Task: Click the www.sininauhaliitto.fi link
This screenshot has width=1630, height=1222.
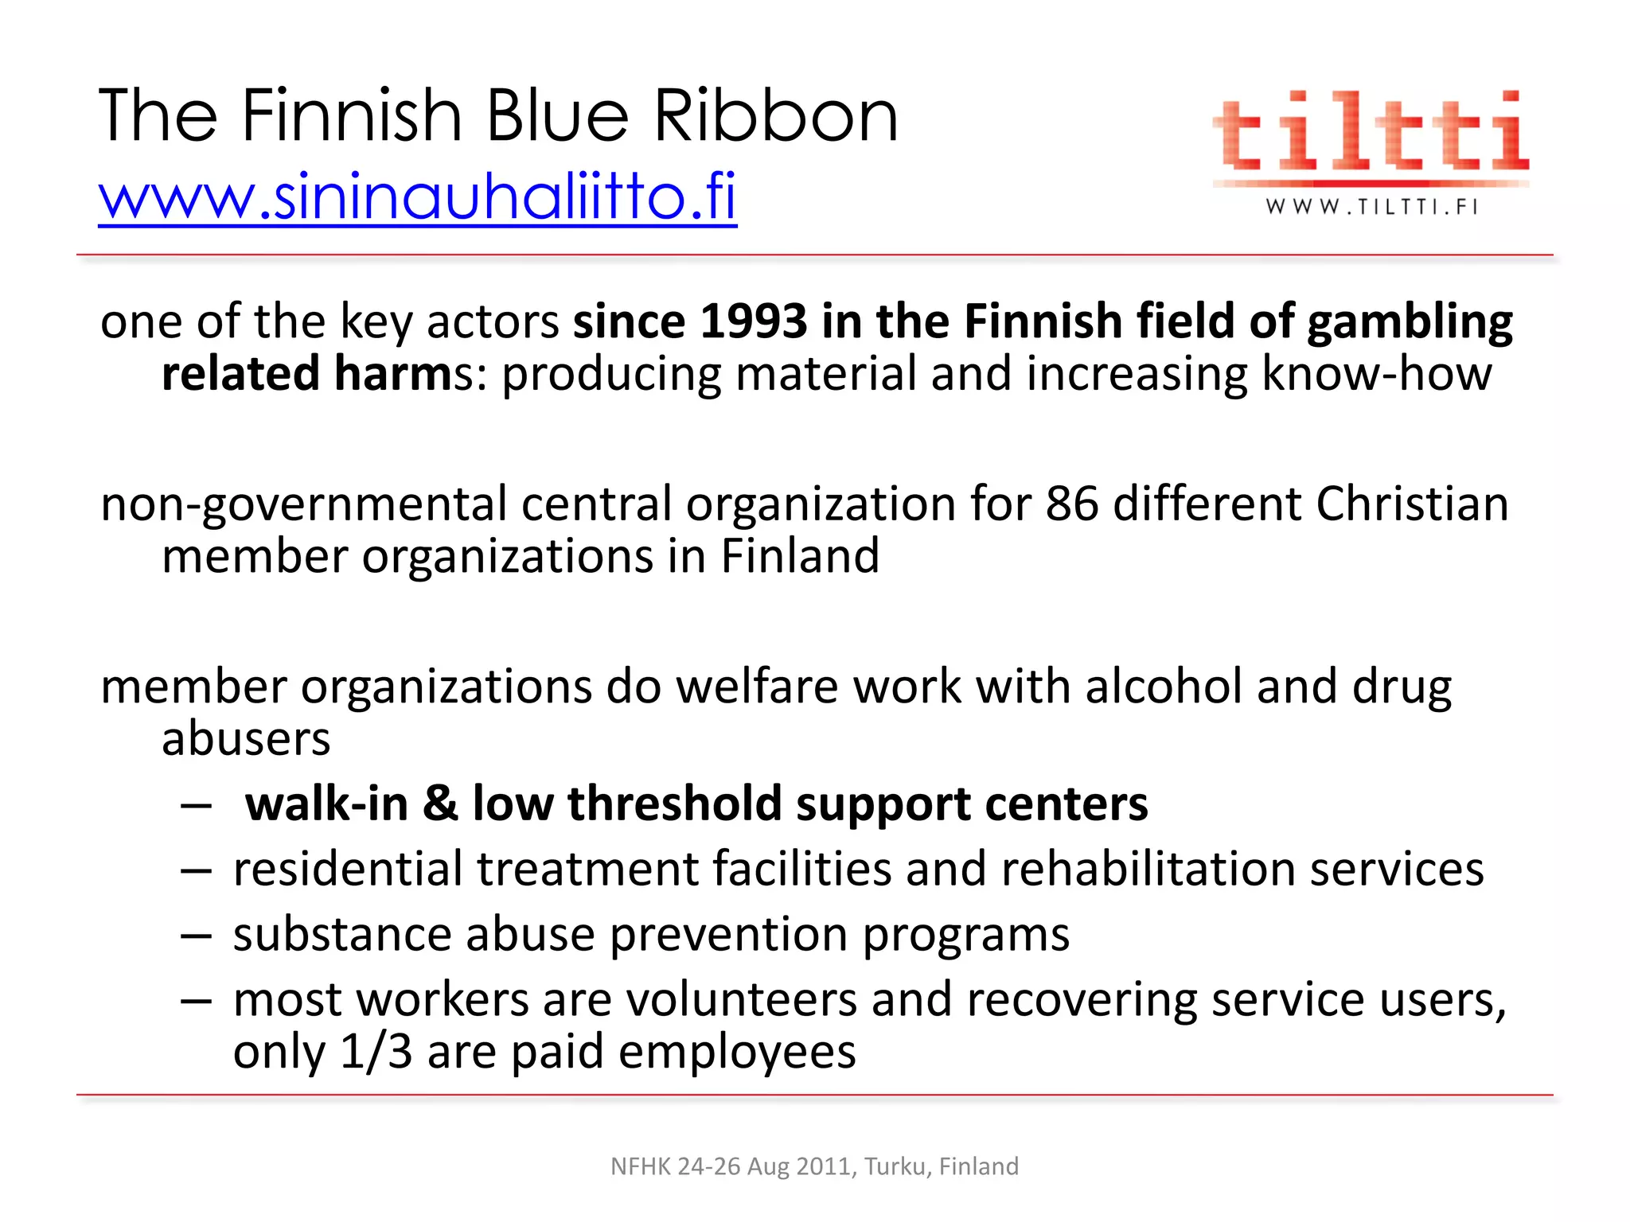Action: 417,197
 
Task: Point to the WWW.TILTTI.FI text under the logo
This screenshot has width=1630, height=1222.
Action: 1371,208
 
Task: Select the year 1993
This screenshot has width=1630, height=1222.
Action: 753,321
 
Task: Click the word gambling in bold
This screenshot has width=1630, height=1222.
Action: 1410,323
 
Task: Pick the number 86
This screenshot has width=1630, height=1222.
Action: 1071,504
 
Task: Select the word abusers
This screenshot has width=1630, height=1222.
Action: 245,739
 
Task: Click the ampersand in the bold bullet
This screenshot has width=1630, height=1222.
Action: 440,804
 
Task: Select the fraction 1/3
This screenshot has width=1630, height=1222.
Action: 376,1052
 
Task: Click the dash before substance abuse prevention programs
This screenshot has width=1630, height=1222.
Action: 196,936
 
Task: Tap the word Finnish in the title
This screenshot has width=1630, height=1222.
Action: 351,117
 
